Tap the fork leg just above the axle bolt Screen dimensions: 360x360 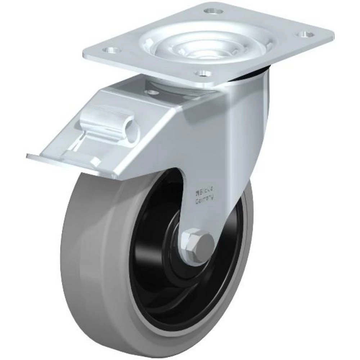point(202,216)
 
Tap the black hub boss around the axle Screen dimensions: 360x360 point(176,259)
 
